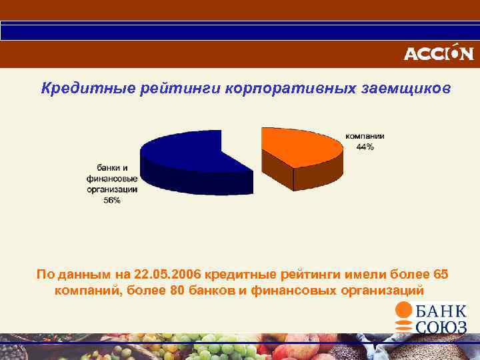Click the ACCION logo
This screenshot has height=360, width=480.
pyautogui.click(x=438, y=53)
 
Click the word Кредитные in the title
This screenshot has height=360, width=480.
pyautogui.click(x=73, y=89)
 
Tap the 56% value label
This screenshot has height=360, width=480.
pyautogui.click(x=112, y=201)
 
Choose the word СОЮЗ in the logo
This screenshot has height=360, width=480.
pyautogui.click(x=441, y=327)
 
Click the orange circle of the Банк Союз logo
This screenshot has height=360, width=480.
pyautogui.click(x=404, y=311)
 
